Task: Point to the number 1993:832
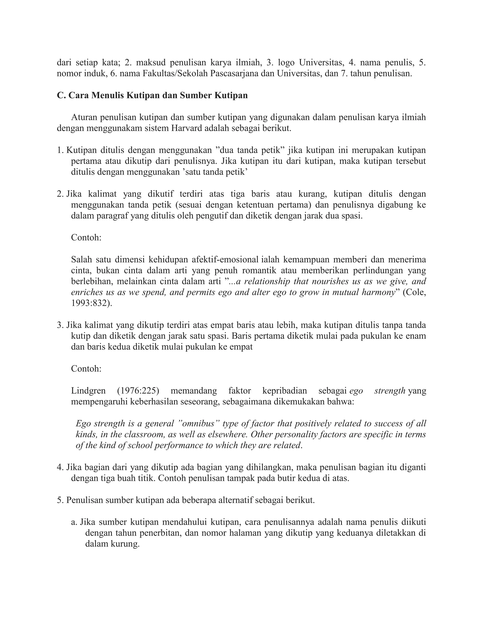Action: coord(91,303)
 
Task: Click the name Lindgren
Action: coord(88,391)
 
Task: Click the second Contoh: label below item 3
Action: coord(86,369)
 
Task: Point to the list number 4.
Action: coord(60,467)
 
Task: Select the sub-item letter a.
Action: coord(74,522)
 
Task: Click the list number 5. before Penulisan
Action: coord(60,500)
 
